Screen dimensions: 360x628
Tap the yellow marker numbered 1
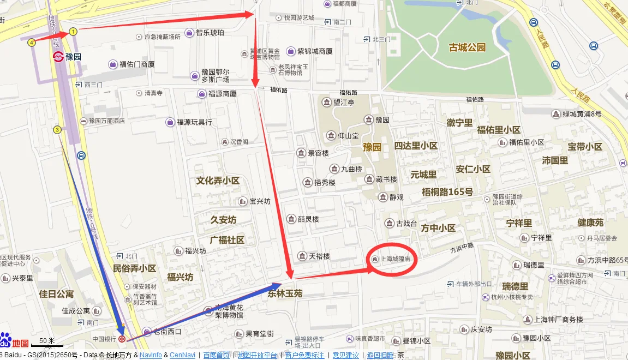point(73,32)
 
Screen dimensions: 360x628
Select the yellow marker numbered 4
point(32,42)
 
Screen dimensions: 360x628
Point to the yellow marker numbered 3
point(57,129)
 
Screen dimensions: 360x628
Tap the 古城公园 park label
point(467,47)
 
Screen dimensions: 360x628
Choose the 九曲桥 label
point(351,169)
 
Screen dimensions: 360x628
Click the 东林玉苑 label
point(285,293)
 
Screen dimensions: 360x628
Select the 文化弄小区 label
point(218,181)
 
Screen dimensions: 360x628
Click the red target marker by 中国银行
point(122,339)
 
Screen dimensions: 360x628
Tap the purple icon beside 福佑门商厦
point(113,64)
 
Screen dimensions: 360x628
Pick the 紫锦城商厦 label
point(315,51)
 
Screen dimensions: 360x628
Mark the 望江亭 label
point(344,102)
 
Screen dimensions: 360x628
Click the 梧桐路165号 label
point(447,192)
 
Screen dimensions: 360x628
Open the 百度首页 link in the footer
point(216,355)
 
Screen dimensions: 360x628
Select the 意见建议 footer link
point(346,355)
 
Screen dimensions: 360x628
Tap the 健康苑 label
point(591,223)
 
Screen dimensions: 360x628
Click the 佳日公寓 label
point(56,295)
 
